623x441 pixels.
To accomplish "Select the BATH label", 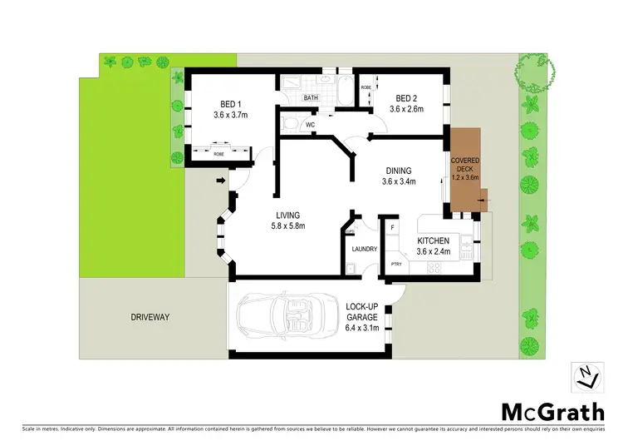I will tap(311, 98).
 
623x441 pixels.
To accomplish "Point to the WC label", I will tap(310, 125).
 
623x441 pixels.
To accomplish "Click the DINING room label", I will tap(397, 169).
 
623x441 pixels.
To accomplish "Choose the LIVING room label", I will tap(290, 214).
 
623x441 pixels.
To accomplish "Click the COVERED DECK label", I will tap(463, 164).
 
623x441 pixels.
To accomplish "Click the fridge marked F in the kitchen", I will tap(391, 227).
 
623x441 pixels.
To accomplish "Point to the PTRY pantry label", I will tap(396, 265).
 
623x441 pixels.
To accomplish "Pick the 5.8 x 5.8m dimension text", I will tap(290, 225).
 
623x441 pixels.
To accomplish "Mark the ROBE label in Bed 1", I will tap(218, 154).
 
